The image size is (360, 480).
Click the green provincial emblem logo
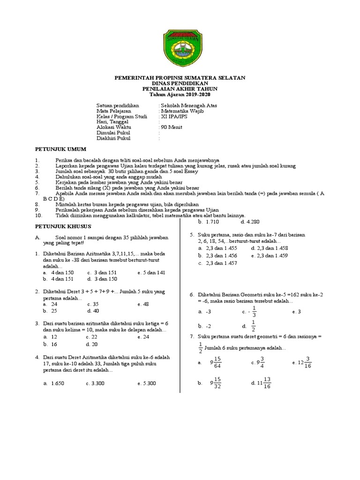click(180, 49)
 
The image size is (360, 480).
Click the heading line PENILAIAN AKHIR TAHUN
click(180, 89)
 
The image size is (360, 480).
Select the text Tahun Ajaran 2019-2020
click(180, 94)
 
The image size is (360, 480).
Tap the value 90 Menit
click(171, 127)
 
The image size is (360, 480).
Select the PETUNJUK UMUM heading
click(61, 149)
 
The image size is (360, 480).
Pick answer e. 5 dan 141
click(151, 272)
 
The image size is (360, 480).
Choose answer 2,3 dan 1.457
click(217, 263)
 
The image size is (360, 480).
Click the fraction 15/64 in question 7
click(217, 362)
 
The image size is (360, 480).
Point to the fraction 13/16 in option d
click(267, 382)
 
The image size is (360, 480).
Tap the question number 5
click(192, 235)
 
